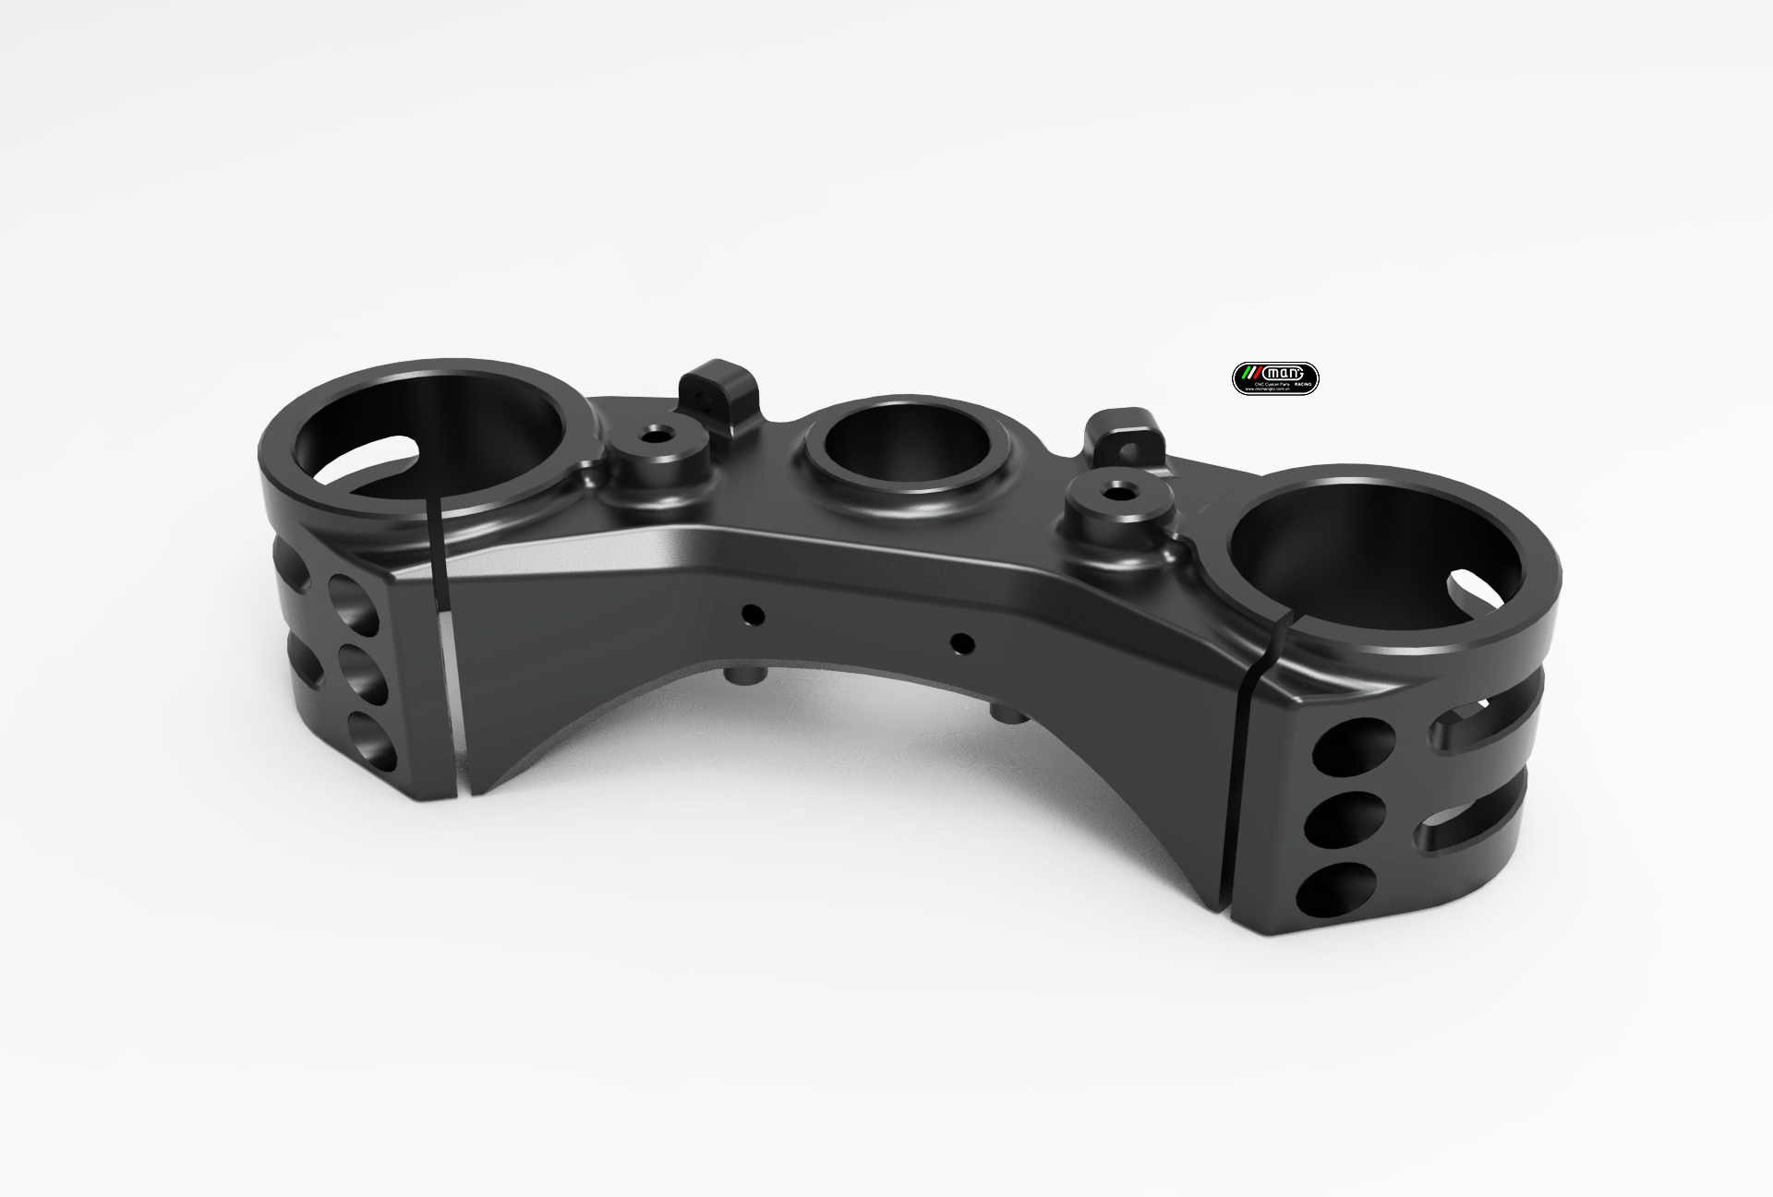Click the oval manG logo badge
click(1276, 378)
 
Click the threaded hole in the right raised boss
click(1119, 490)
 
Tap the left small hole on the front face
click(754, 613)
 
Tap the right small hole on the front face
click(961, 640)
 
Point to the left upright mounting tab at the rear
click(723, 390)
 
